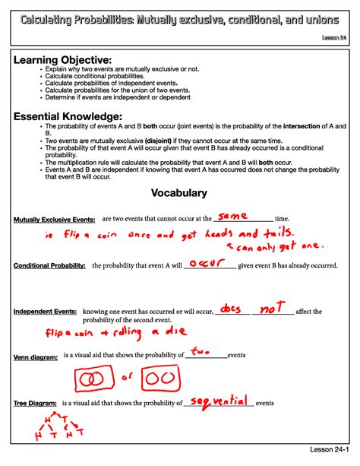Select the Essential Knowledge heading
[68, 116]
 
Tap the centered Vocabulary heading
[179, 193]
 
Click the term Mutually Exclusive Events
[54, 220]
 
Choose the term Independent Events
[45, 312]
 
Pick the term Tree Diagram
[35, 403]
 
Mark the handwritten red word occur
[204, 263]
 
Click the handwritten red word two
[201, 351]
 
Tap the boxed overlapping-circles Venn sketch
[96, 379]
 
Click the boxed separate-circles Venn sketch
[161, 379]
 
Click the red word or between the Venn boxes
[128, 378]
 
